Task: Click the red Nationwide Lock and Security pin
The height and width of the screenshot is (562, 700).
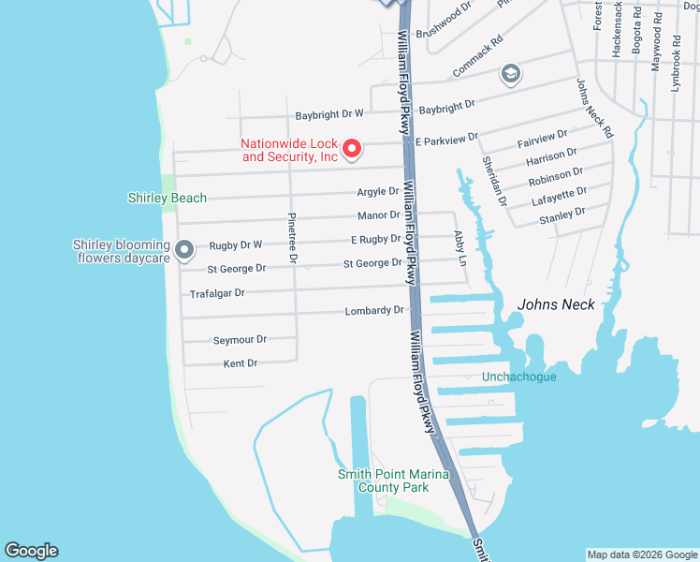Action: [x=352, y=147]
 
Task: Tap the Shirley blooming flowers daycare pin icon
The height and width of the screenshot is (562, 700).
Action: [x=184, y=249]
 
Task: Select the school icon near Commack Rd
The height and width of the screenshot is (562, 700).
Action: [x=511, y=74]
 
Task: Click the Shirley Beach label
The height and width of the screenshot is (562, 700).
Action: [x=168, y=198]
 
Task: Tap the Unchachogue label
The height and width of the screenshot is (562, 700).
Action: [x=518, y=377]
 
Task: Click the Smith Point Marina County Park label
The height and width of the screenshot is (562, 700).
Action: [x=393, y=481]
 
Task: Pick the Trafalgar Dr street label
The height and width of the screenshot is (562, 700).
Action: [x=217, y=293]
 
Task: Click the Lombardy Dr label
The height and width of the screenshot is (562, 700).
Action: [x=374, y=310]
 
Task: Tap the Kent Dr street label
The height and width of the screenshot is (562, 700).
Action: [x=241, y=362]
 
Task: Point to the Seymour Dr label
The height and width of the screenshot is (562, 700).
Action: [x=241, y=339]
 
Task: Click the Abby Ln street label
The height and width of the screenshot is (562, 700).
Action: [x=459, y=247]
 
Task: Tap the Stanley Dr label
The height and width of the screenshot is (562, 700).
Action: [x=561, y=218]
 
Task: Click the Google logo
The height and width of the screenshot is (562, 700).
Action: [x=31, y=551]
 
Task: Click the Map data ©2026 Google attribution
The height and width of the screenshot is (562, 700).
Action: [x=642, y=555]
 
